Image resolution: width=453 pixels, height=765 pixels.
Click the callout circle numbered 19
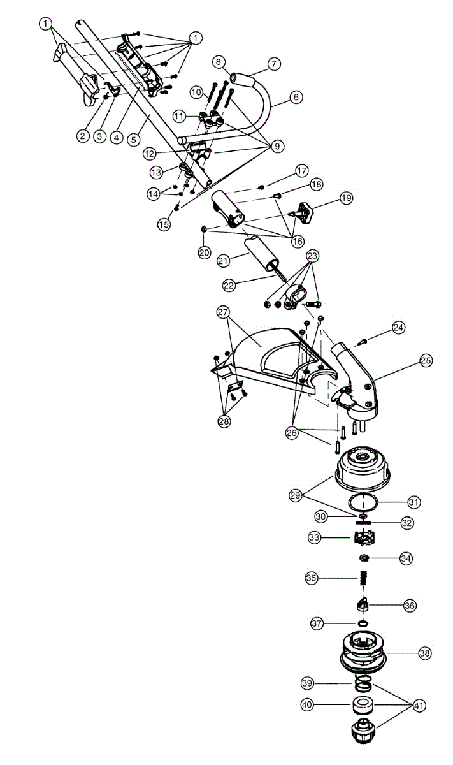pos(346,198)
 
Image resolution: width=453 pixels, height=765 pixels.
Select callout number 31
pos(415,502)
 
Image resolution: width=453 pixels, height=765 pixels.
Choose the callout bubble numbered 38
pos(424,653)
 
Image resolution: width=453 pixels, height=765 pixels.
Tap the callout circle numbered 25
pos(426,361)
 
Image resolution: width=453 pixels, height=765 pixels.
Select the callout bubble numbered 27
pos(222,312)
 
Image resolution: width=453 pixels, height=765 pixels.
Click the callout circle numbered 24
pos(398,328)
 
